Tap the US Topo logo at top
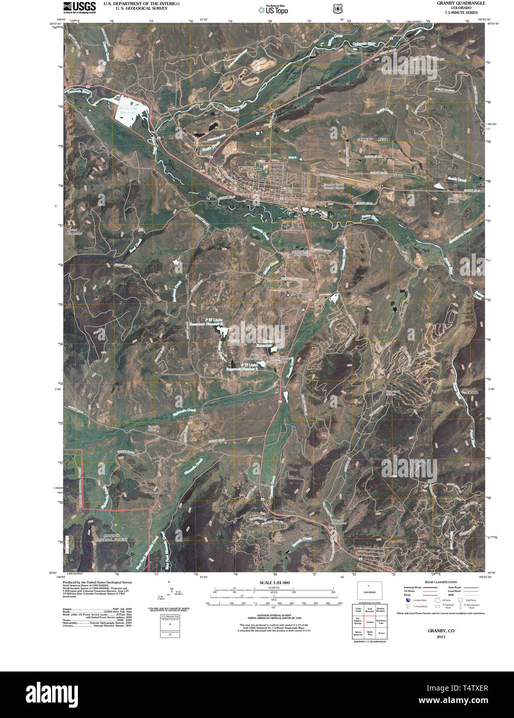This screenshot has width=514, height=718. click(273, 9)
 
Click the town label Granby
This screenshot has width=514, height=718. click(255, 169)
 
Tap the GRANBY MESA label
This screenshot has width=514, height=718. click(372, 139)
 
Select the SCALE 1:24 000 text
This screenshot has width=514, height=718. click(274, 583)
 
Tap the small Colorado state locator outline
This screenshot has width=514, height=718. click(370, 590)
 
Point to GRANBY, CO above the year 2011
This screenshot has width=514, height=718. click(440, 631)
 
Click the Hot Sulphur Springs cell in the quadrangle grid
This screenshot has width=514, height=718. click(358, 622)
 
